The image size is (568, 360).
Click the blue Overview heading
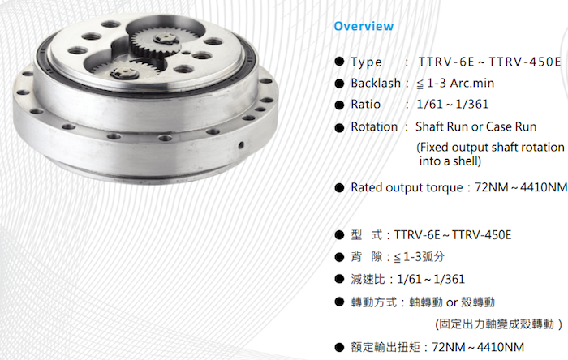364,26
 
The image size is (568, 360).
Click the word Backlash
376,84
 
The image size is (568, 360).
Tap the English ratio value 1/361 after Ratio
472,105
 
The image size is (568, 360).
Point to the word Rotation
374,126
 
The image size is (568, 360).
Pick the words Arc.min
472,84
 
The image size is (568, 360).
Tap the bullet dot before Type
339,62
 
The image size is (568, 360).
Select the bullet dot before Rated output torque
339,187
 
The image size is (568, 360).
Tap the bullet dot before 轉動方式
339,302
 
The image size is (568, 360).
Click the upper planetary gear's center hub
165,38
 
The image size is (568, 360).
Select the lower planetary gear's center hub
125,73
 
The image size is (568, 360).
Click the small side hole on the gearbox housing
241,145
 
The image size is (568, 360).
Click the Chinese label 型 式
366,235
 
